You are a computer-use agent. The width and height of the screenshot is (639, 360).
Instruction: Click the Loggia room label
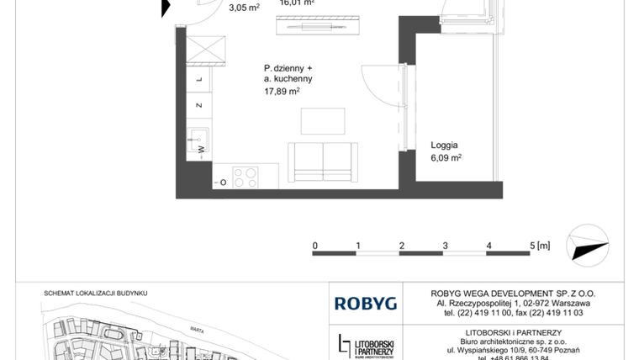click(x=445, y=144)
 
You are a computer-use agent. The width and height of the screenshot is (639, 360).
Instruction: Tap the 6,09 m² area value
click(x=446, y=157)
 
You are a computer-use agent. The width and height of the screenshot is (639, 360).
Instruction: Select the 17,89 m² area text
click(x=282, y=93)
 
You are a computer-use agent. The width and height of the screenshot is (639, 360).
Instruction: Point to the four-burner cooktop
click(x=246, y=177)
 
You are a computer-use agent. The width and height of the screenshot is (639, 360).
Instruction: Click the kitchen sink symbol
click(x=199, y=139)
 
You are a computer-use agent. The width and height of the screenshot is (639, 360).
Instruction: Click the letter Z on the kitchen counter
click(x=199, y=106)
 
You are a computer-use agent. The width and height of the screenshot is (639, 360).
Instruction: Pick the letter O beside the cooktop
click(x=222, y=183)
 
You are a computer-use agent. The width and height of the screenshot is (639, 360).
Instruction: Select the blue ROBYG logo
click(x=360, y=302)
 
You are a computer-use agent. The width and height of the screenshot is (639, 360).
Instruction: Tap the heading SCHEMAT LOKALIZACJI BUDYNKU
click(x=95, y=293)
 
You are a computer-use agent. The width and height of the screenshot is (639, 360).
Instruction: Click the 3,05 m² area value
click(x=244, y=6)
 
